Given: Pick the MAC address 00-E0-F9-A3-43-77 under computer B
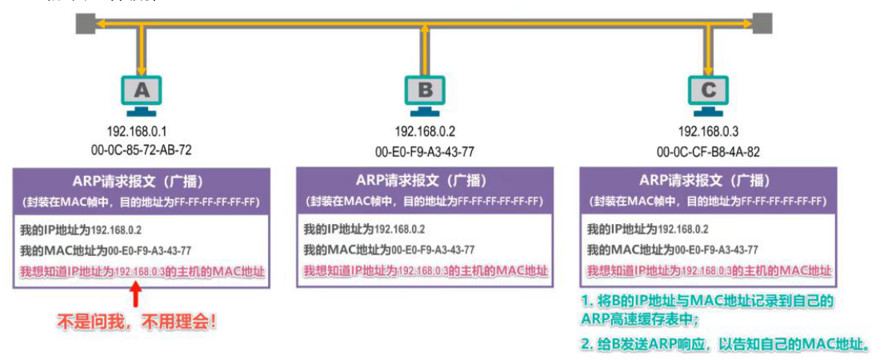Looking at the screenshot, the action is [x=426, y=150].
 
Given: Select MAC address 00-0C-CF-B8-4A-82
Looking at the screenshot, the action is [x=708, y=150].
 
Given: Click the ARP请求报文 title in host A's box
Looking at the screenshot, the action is [x=142, y=179].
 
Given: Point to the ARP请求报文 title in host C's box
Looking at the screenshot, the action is [x=707, y=179].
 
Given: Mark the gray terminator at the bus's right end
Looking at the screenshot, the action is [x=762, y=25].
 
